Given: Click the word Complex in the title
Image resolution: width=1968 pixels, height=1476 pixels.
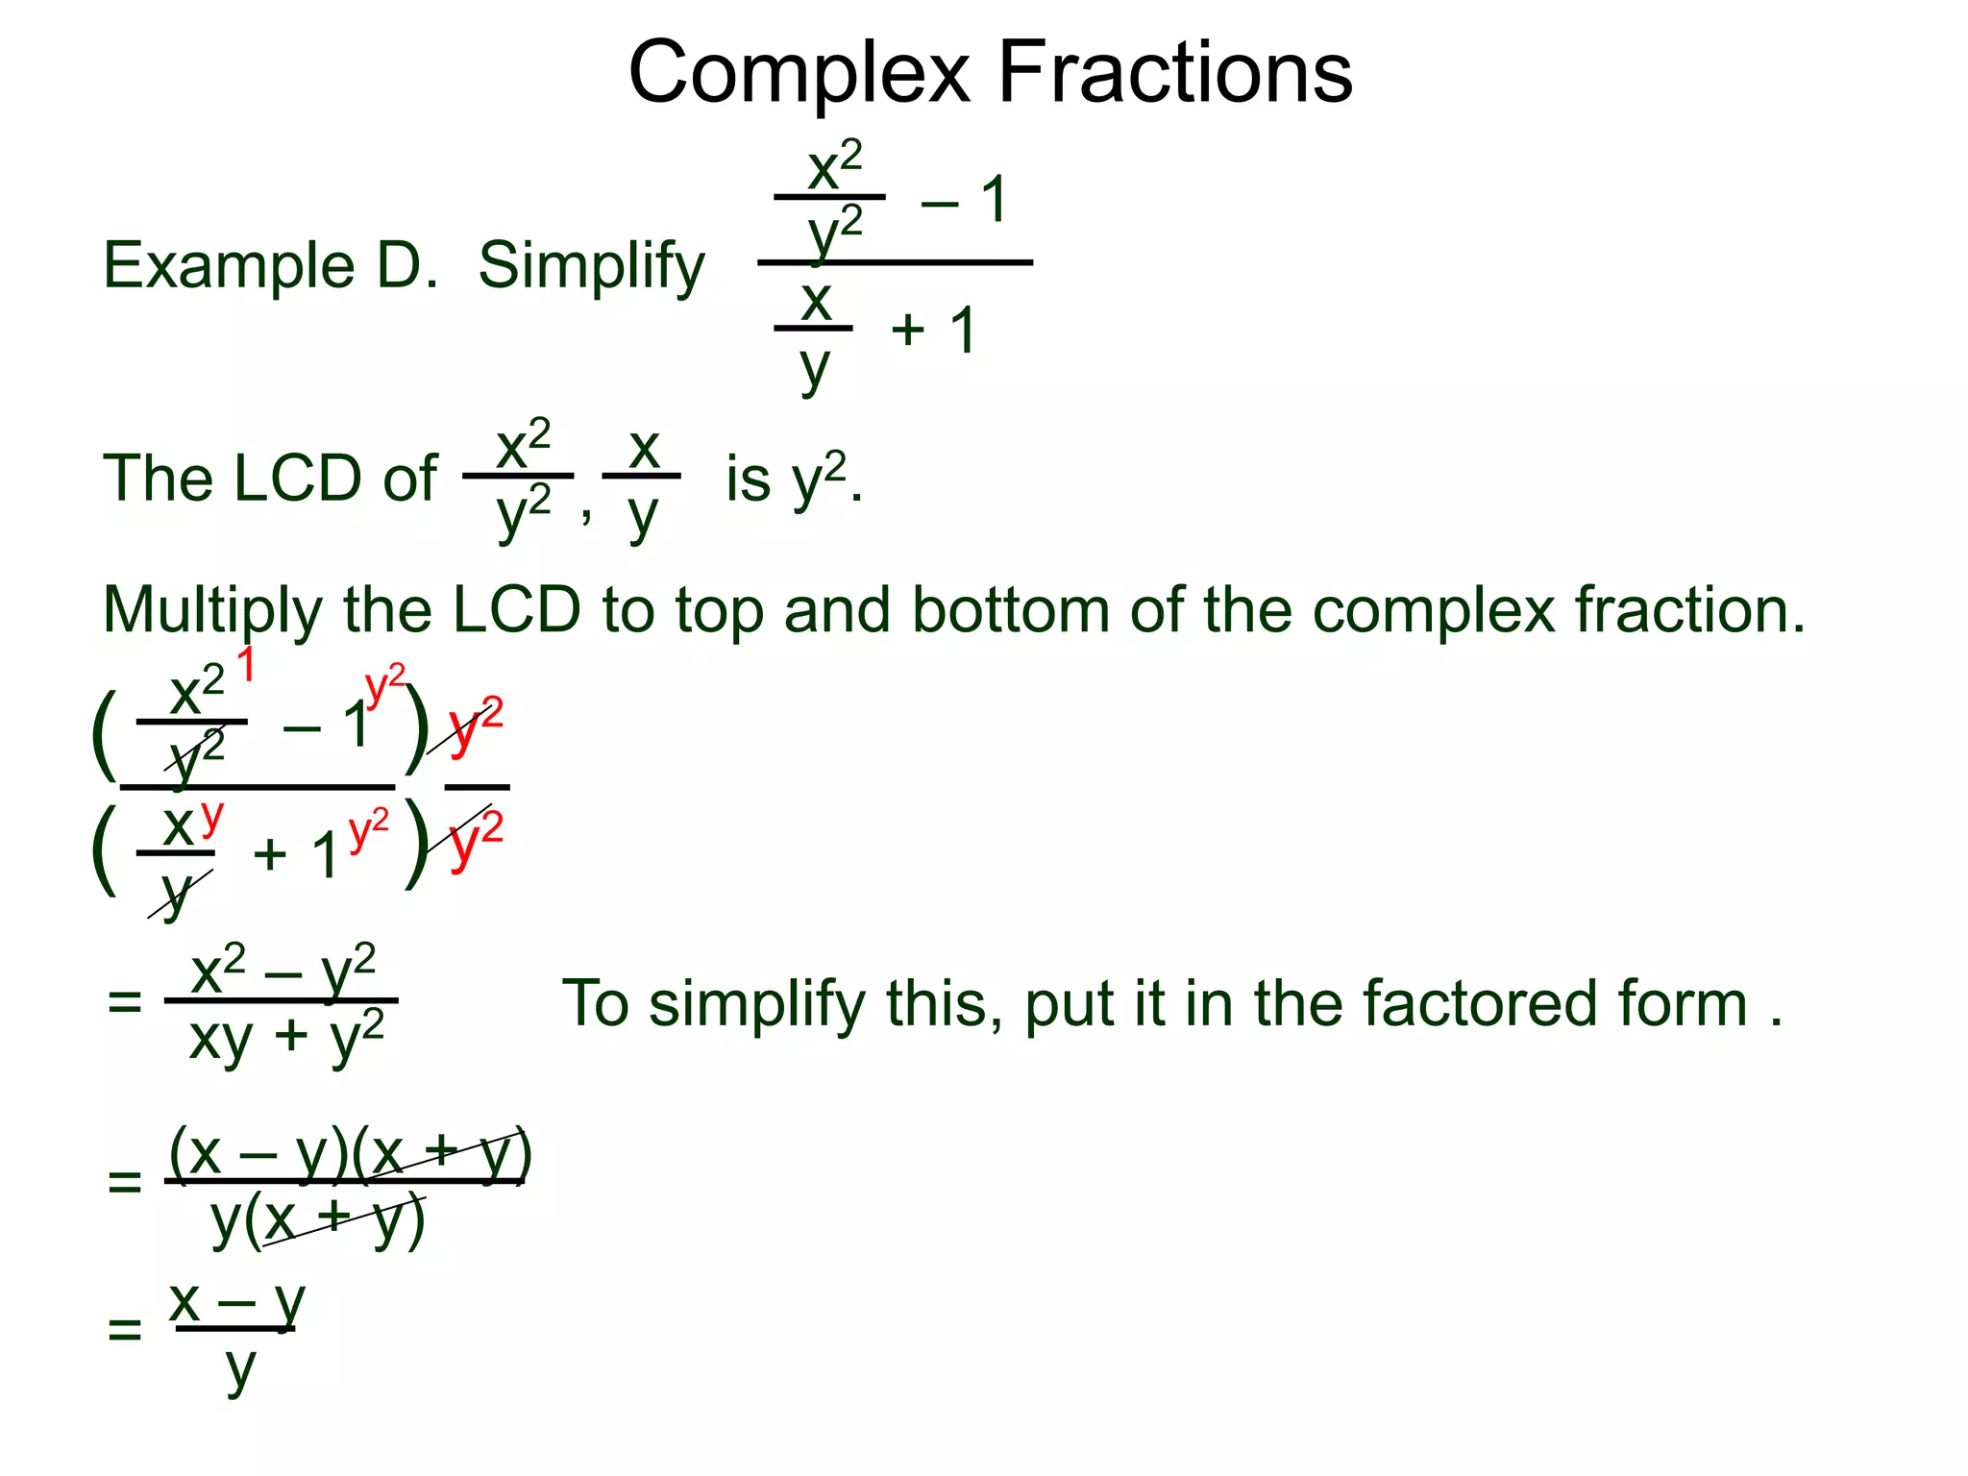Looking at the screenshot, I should (x=799, y=75).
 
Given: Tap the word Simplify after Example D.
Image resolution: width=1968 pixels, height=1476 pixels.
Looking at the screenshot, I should (x=591, y=266).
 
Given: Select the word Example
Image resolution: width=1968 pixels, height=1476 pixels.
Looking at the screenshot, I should (x=229, y=266).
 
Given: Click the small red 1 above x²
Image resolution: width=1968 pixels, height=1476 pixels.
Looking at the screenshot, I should (x=246, y=664).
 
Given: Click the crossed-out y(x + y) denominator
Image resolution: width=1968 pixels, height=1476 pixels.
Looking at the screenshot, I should (x=317, y=1221).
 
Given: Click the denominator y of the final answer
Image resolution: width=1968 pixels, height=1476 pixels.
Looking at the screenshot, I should (x=240, y=1368).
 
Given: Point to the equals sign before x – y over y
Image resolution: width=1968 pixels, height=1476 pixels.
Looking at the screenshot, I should (x=125, y=1330).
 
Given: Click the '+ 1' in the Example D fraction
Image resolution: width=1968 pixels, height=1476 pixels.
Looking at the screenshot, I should (x=933, y=330).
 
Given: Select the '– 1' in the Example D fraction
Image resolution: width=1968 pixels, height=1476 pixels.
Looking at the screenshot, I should (x=964, y=200).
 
